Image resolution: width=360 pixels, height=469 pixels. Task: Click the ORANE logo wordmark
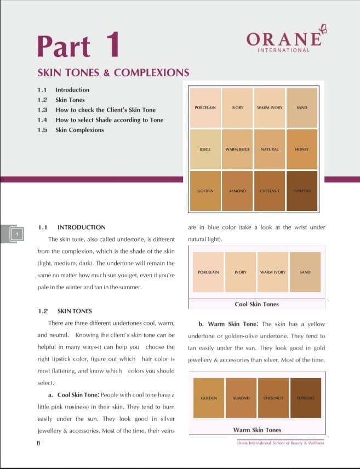(283, 39)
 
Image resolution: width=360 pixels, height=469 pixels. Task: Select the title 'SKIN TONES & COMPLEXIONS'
(113, 72)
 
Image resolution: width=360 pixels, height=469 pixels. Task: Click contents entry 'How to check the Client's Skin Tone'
(105, 110)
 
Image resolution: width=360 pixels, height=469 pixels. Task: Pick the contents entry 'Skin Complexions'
(79, 130)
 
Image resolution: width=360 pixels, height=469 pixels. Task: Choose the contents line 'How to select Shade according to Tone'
(109, 120)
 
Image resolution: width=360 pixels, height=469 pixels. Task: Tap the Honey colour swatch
(302, 149)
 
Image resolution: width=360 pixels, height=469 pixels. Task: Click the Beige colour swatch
(205, 149)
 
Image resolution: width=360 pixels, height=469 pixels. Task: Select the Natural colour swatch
(270, 149)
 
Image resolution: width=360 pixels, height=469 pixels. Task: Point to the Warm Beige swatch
(237, 149)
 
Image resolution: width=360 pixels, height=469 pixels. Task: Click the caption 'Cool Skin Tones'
(256, 304)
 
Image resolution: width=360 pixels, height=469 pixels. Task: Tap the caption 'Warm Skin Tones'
(257, 430)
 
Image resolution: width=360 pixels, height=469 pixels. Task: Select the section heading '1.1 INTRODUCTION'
(71, 227)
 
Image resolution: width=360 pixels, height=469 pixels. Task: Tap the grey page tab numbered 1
(17, 234)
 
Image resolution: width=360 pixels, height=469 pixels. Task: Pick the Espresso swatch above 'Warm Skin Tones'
(305, 397)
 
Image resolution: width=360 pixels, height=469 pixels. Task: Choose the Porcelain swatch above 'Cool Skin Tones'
(208, 272)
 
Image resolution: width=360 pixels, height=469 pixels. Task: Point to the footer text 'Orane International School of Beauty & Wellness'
(280, 443)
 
